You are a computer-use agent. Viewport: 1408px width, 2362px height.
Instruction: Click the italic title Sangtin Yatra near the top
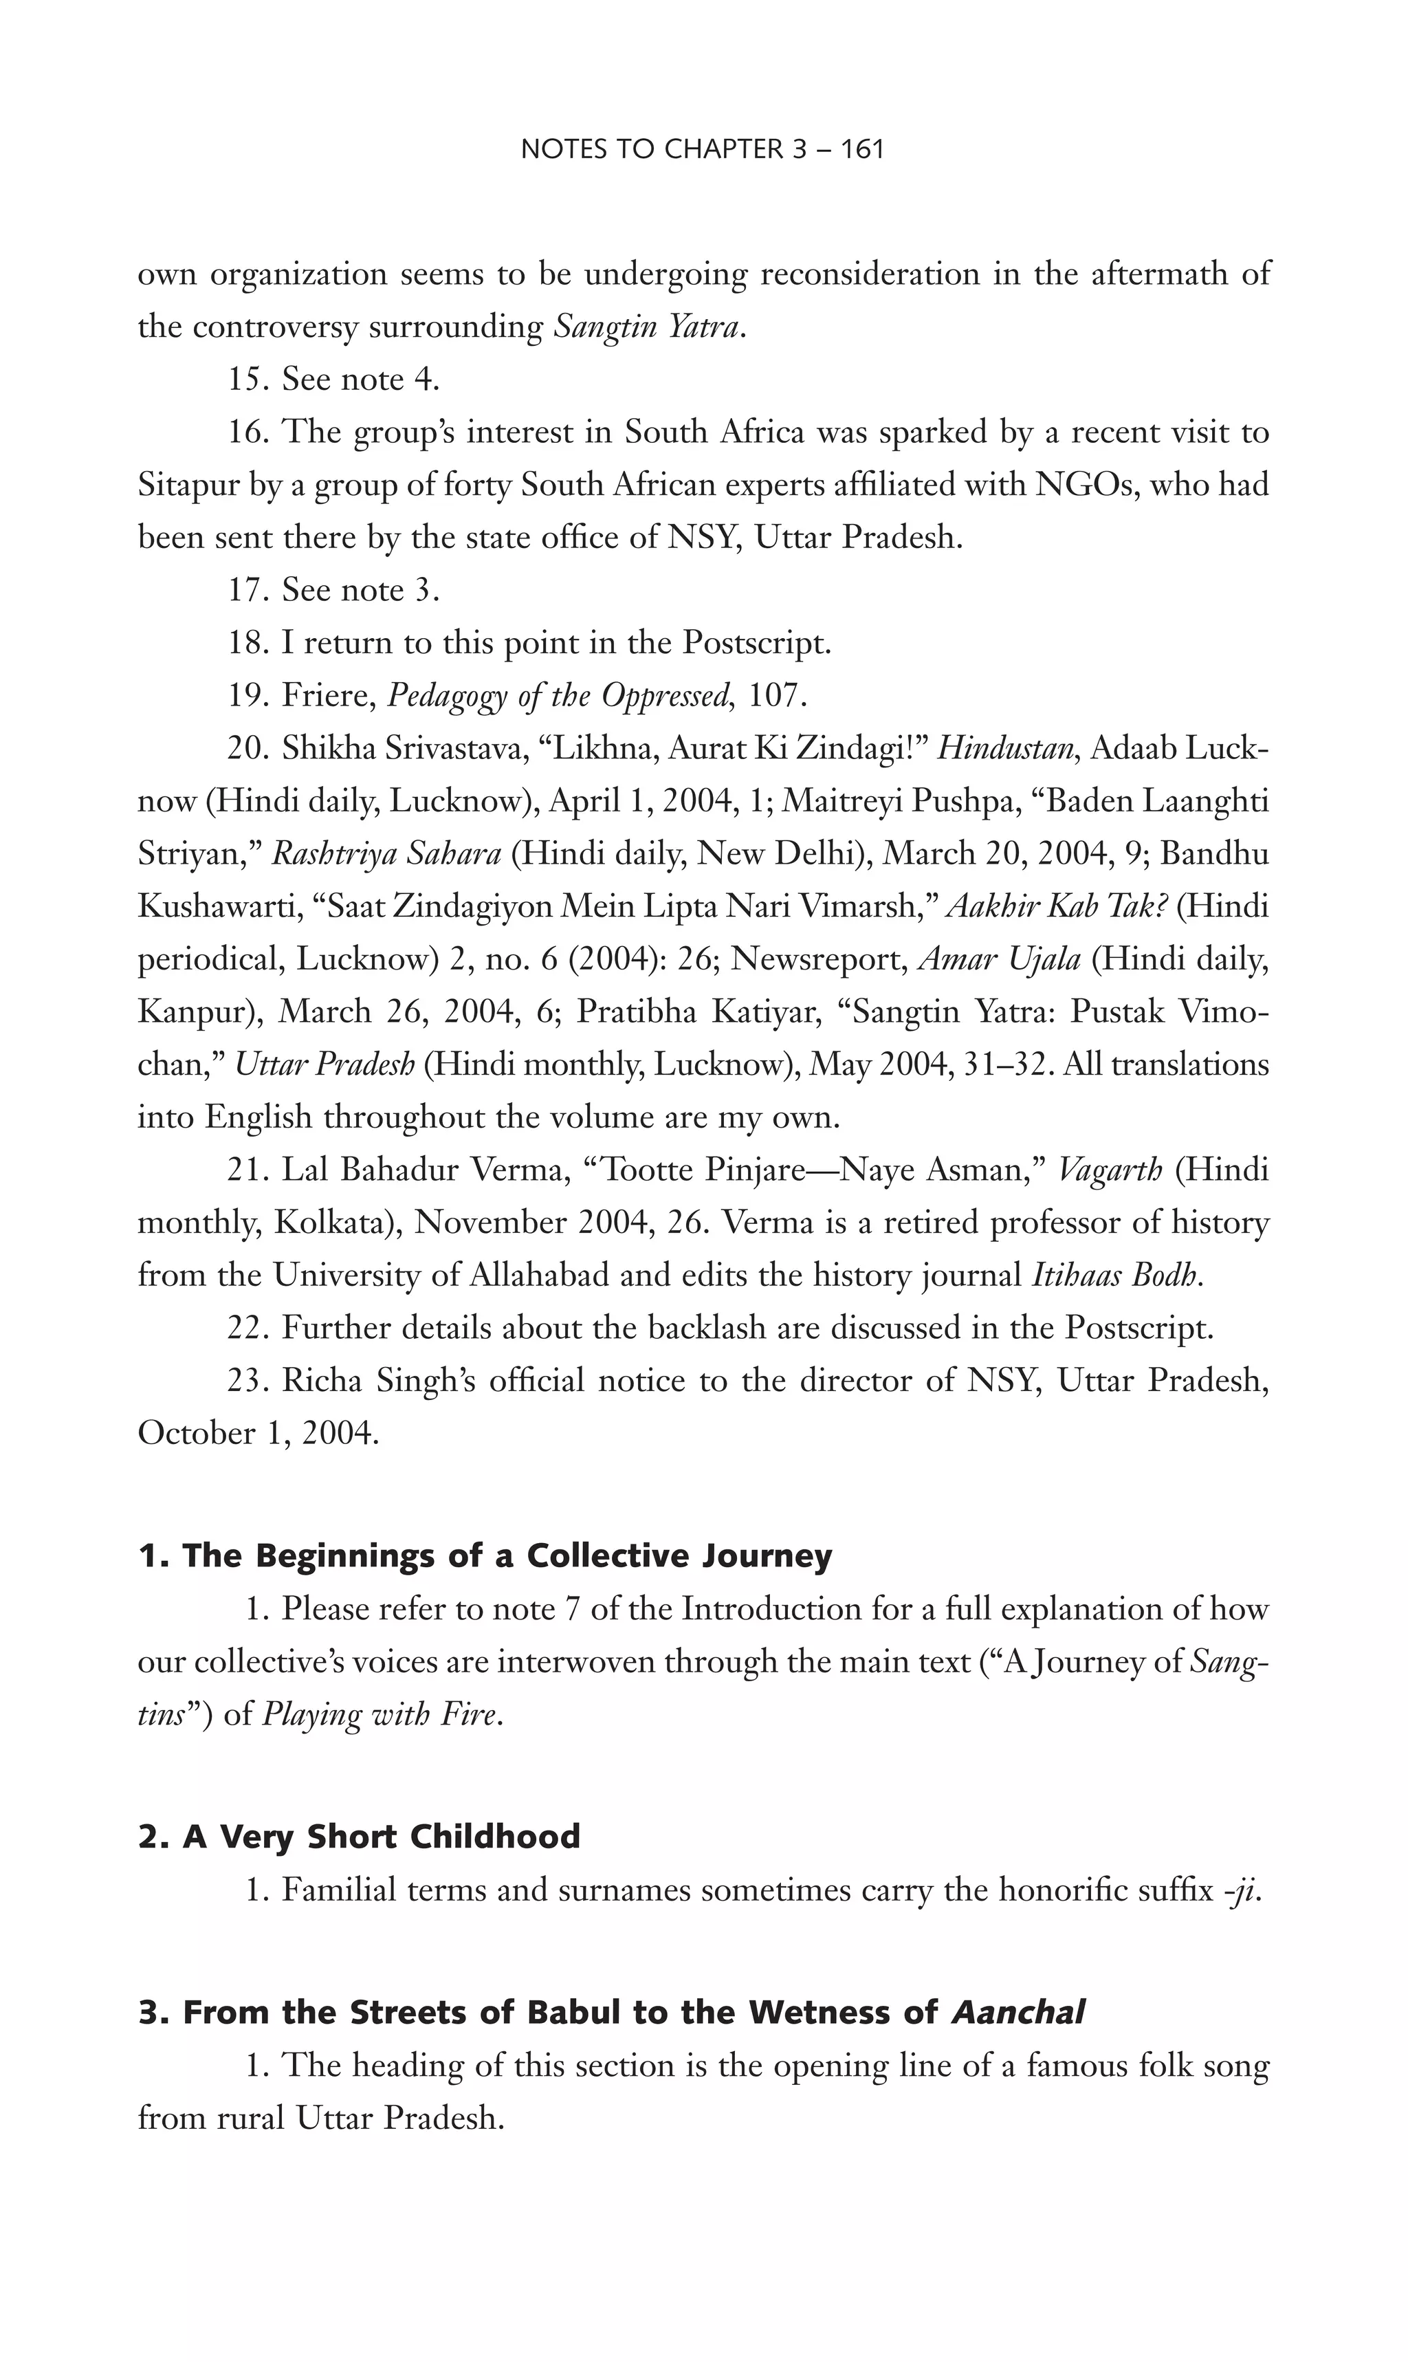point(645,327)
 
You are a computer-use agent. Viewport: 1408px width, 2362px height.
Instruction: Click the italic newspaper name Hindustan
point(1006,749)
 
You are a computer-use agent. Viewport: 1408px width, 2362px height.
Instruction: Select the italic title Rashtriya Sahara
point(386,854)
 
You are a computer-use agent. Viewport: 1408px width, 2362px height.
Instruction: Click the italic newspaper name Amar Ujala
point(1000,959)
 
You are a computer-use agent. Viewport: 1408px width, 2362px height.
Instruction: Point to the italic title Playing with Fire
point(379,1715)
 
